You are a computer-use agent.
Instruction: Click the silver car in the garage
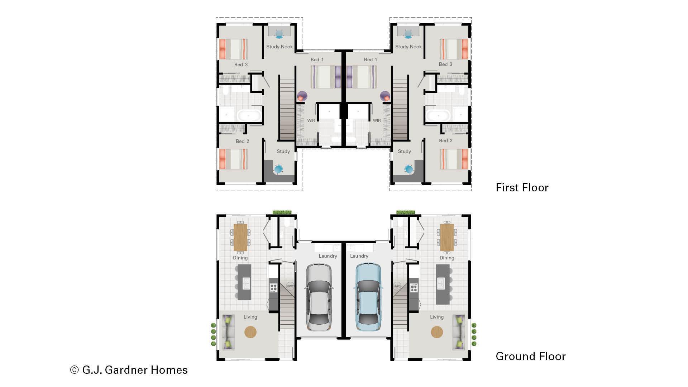[x=319, y=297]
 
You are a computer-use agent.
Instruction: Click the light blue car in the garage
[x=368, y=297]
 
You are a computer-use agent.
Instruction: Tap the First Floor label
[x=522, y=187]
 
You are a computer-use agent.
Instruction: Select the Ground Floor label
[x=530, y=356]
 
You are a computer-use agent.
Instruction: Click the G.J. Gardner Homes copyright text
[x=129, y=370]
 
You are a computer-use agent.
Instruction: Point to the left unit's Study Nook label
[x=279, y=47]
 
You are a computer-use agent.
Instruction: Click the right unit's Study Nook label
[x=408, y=47]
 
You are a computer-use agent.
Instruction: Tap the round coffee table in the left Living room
[x=250, y=332]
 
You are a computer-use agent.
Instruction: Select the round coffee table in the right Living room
[x=436, y=332]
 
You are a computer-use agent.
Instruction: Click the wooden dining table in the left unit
[x=240, y=237]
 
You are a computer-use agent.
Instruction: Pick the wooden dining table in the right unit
[x=447, y=237]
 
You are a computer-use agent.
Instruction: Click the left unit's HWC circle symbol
[x=290, y=286]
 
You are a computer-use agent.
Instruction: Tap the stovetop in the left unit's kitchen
[x=273, y=287]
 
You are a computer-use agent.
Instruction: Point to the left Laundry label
[x=328, y=256]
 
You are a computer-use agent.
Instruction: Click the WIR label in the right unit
[x=377, y=120]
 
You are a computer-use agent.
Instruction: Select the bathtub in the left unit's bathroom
[x=249, y=116]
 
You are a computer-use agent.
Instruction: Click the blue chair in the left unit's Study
[x=278, y=169]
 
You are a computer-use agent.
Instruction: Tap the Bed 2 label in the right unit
[x=445, y=140]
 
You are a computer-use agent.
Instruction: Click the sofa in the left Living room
[x=228, y=332]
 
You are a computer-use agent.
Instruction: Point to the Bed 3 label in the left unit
[x=241, y=64]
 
